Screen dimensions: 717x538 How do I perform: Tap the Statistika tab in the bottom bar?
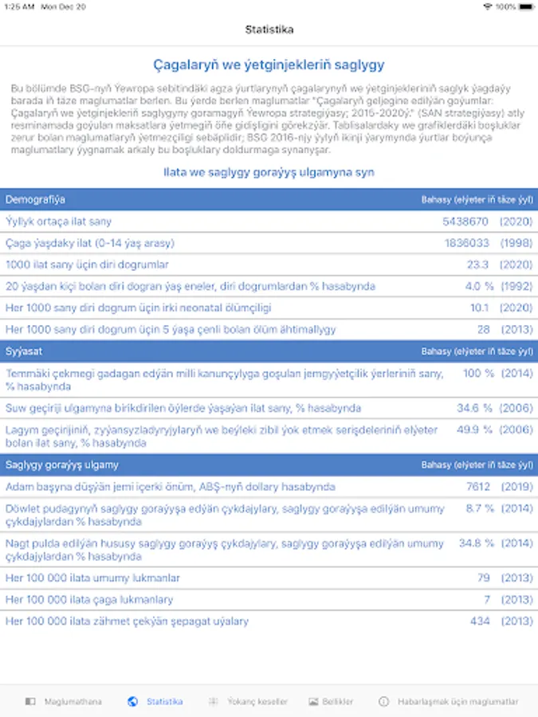(x=156, y=702)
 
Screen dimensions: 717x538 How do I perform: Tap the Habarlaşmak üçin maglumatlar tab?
(x=449, y=702)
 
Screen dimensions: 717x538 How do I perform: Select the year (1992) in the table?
(x=516, y=286)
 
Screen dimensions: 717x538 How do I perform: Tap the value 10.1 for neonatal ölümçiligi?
(x=479, y=308)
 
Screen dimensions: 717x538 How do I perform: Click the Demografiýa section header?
(x=36, y=199)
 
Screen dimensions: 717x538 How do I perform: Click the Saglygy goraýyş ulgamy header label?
(x=62, y=464)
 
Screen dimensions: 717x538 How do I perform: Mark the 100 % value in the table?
(x=478, y=373)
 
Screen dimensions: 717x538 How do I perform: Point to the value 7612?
(x=478, y=487)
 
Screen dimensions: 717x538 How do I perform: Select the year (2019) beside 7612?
(x=516, y=487)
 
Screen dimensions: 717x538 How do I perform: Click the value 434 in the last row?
(x=480, y=621)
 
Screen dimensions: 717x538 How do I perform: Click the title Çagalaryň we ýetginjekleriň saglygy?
(x=269, y=65)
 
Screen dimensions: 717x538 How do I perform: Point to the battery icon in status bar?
(x=526, y=6)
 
